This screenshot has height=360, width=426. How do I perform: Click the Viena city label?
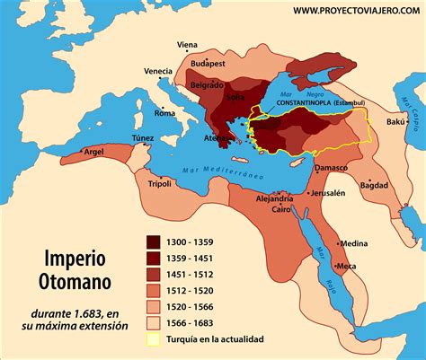click(188, 44)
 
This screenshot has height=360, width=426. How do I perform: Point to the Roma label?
click(165, 113)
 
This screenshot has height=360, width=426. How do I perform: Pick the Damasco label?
click(330, 168)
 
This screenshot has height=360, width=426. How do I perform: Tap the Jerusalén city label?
click(328, 193)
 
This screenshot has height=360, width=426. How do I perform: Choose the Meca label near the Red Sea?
click(346, 266)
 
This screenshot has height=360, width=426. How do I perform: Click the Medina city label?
click(353, 243)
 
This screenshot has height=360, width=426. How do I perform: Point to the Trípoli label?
click(146, 183)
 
